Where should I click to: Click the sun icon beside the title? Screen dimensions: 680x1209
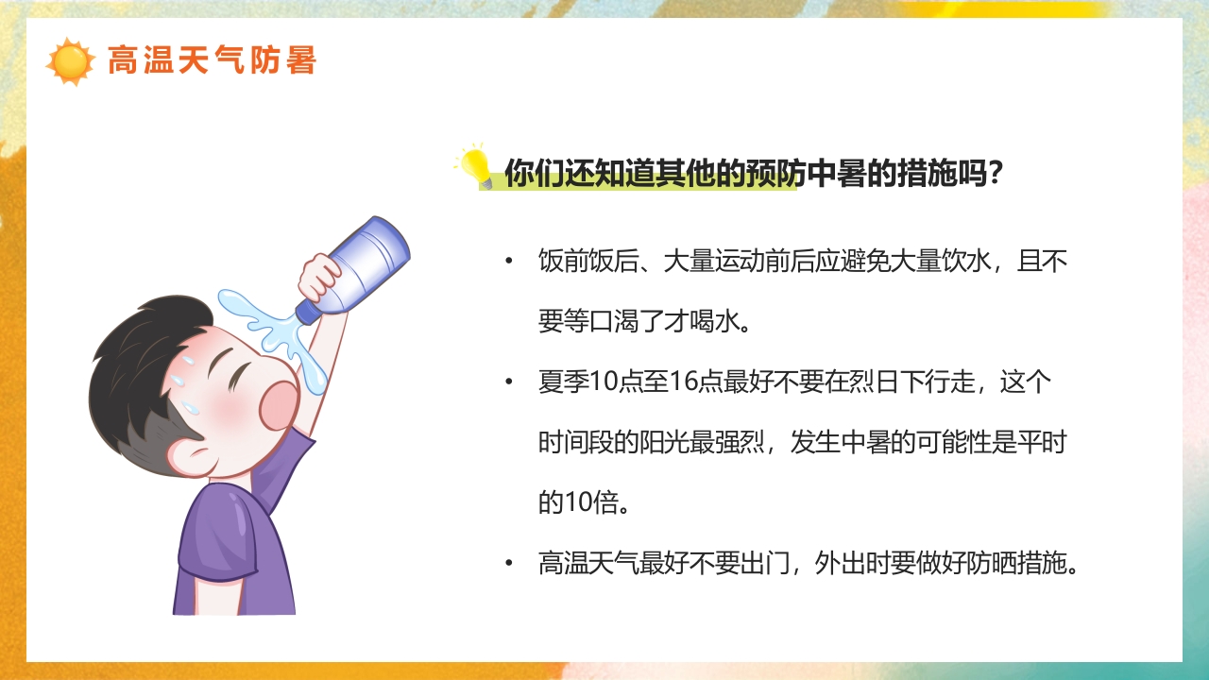point(70,61)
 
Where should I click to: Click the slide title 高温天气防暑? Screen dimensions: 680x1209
point(212,60)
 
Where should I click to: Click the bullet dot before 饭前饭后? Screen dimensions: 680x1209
point(510,261)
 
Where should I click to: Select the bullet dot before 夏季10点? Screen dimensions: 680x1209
point(510,382)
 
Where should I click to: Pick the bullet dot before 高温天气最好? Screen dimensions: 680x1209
point(510,564)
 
